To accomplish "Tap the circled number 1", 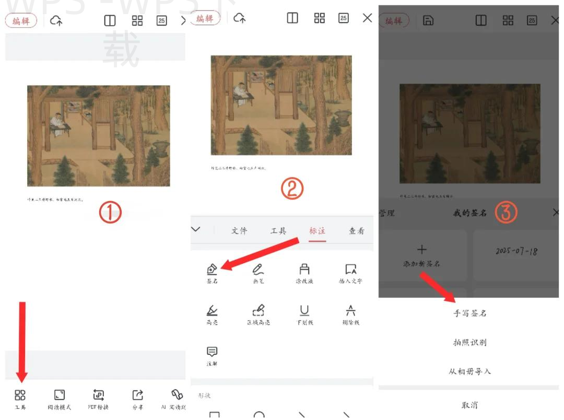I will coord(110,212).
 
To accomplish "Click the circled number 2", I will coord(292,189).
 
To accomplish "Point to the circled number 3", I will coord(506,212).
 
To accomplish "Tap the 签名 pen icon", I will coord(212,270).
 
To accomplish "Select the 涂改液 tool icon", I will coord(304,270).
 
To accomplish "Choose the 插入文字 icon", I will coord(350,270).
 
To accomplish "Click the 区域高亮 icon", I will coord(258,311).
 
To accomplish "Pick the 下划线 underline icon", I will coord(304,311).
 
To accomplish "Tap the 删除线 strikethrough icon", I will coord(350,311).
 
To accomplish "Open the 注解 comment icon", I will coord(212,352).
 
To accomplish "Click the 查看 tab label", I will coord(357,231).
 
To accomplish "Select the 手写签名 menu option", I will coord(470,313).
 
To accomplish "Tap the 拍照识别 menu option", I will coord(470,343).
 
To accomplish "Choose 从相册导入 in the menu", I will coord(470,372).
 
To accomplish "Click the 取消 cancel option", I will coord(470,405).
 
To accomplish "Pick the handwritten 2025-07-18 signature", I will coord(517,251).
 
